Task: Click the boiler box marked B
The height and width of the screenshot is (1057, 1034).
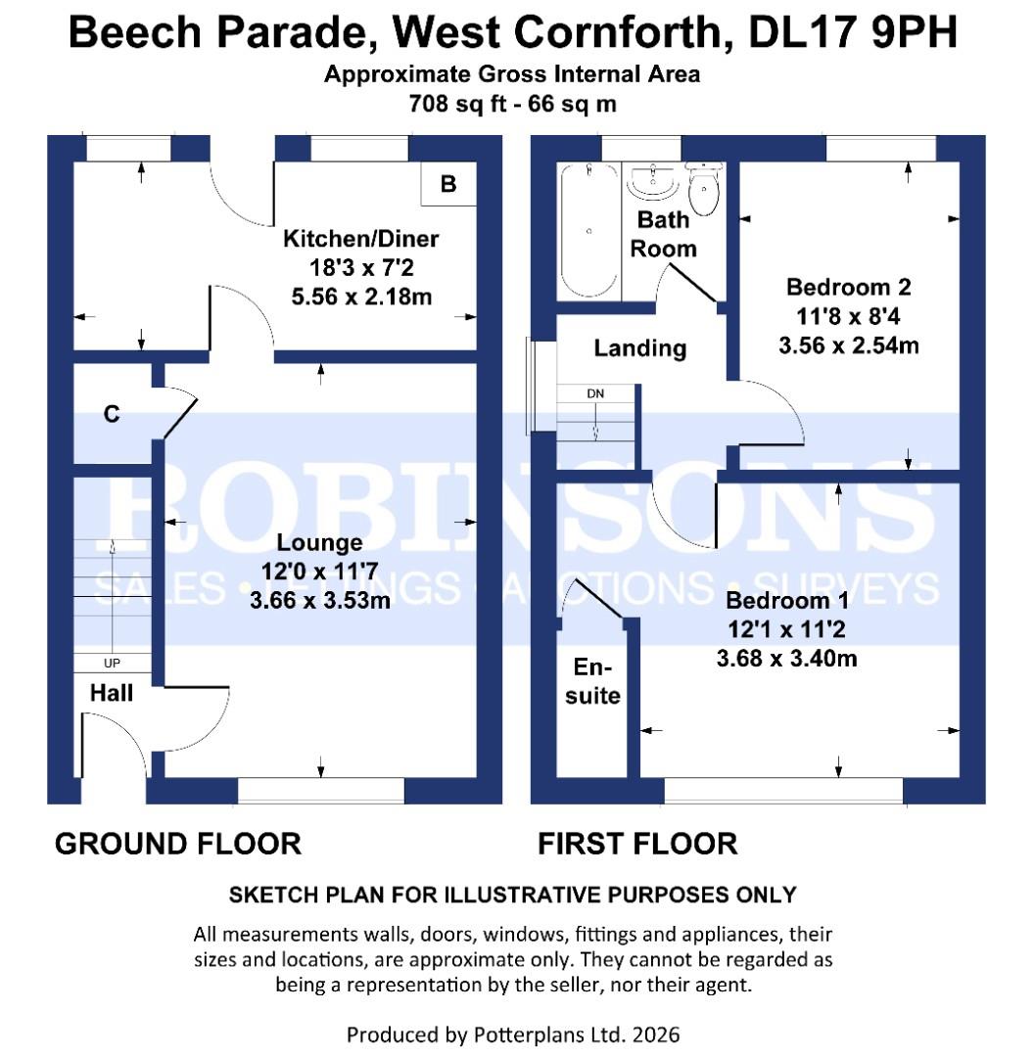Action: (x=448, y=184)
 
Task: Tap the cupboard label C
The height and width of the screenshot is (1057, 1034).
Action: (x=112, y=414)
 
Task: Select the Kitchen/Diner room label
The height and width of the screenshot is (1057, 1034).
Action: (x=360, y=239)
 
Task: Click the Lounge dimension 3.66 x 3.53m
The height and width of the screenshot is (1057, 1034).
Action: (x=320, y=600)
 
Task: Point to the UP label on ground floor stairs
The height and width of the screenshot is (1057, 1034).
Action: (x=112, y=663)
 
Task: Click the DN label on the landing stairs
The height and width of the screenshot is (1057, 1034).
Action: (x=595, y=393)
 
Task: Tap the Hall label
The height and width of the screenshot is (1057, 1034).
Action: (x=112, y=693)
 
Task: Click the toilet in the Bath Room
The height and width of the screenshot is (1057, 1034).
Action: (x=704, y=190)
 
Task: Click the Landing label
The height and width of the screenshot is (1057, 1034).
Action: (x=640, y=347)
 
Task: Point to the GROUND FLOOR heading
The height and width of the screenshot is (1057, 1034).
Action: (x=177, y=844)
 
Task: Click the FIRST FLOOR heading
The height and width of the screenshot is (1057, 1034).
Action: (x=636, y=844)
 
